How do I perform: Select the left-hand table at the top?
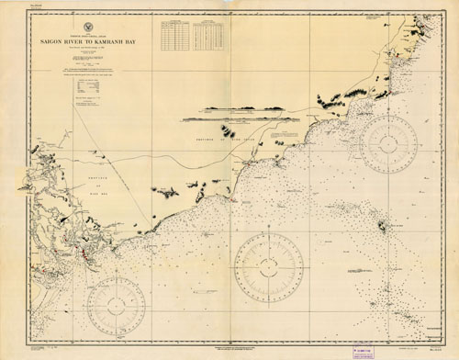tap(174, 36)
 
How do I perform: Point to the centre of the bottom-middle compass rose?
tap(268, 267)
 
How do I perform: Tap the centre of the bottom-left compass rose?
tap(116, 305)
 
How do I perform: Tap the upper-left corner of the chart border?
tap(29, 16)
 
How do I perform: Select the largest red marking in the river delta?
tap(84, 250)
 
